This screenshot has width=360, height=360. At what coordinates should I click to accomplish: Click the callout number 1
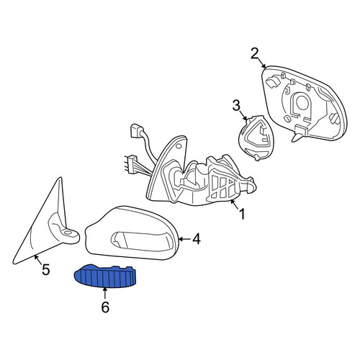tap(242, 213)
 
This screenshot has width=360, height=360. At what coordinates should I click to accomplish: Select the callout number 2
tap(255, 53)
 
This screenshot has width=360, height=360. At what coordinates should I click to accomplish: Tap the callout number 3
tap(236, 105)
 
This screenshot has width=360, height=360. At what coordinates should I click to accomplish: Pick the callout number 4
tap(196, 239)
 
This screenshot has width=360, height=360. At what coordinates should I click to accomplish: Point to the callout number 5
tap(45, 269)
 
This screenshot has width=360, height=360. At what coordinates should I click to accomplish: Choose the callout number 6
tap(105, 307)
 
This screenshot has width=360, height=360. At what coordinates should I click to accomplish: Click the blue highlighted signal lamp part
tap(105, 276)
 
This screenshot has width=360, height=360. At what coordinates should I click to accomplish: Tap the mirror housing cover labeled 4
tap(132, 233)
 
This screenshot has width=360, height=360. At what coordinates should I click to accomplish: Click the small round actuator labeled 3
tap(256, 138)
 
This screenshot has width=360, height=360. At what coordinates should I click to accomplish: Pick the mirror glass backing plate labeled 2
tap(305, 103)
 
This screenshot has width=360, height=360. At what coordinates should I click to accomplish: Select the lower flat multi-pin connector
tap(132, 163)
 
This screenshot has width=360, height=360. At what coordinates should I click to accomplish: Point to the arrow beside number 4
tap(185, 239)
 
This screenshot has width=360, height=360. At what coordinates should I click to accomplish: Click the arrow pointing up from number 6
tap(105, 294)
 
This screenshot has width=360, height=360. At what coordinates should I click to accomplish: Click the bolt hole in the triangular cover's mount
tap(68, 233)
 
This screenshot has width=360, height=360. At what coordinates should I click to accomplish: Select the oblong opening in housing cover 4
tap(142, 242)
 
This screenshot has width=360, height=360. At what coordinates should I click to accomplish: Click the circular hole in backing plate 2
tap(302, 102)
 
